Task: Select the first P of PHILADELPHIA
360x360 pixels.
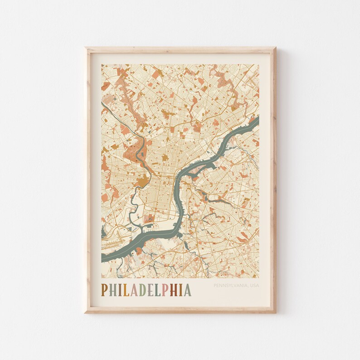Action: click(105, 290)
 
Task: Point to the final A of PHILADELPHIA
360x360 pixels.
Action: click(187, 290)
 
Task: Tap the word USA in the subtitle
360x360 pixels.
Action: click(254, 286)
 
